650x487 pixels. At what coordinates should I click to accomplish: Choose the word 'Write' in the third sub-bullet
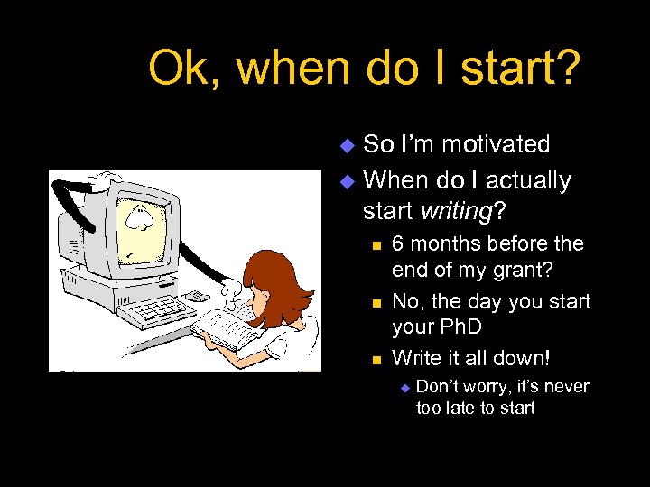[x=417, y=358]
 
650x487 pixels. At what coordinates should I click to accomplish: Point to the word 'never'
[x=566, y=387]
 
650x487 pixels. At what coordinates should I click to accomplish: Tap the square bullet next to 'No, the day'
[x=376, y=301]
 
